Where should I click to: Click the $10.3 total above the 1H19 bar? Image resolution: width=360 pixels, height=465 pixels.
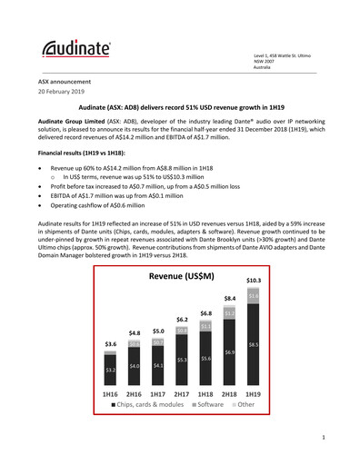(x=254, y=282)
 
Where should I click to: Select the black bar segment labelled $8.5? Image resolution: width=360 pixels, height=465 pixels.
(x=254, y=344)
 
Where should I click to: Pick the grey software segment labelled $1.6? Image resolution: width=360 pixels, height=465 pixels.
(x=254, y=296)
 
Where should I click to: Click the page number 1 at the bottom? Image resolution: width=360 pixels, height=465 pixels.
(x=324, y=440)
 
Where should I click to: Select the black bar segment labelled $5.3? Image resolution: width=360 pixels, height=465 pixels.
(x=181, y=360)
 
